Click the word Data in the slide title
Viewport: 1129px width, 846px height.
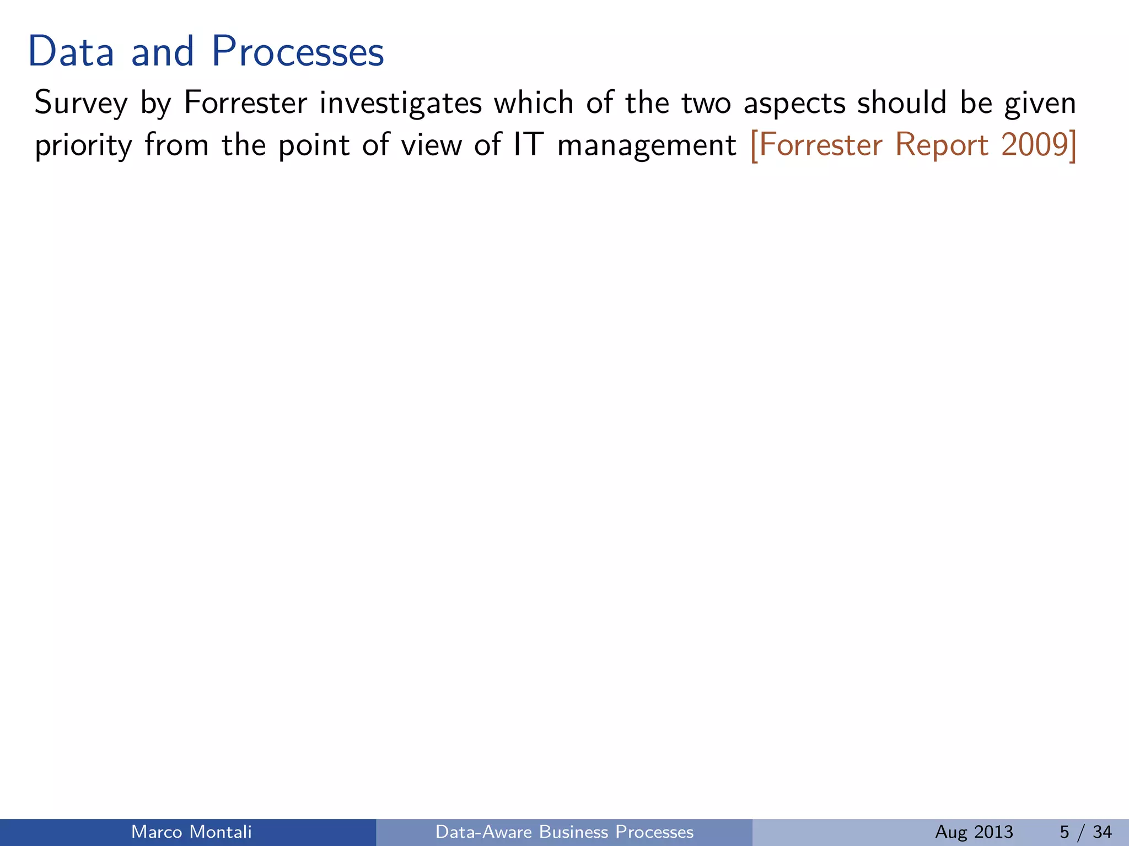pos(71,52)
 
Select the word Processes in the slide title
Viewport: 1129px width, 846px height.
pos(298,52)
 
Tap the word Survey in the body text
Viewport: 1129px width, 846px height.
pos(80,104)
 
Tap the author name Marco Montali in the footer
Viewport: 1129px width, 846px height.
pos(191,832)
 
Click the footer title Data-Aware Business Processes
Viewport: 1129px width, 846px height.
pos(564,832)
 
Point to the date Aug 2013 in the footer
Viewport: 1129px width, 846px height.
pos(974,832)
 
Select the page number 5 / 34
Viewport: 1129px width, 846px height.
pos(1085,832)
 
